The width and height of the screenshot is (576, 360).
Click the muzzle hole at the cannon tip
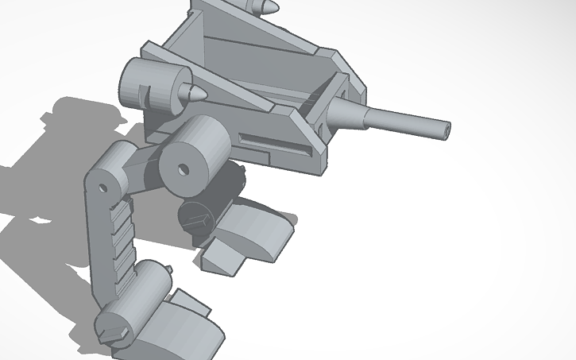pyautogui.click(x=446, y=126)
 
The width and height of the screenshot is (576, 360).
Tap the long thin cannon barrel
pyautogui.click(x=406, y=121)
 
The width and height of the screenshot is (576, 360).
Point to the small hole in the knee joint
pyautogui.click(x=102, y=187)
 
